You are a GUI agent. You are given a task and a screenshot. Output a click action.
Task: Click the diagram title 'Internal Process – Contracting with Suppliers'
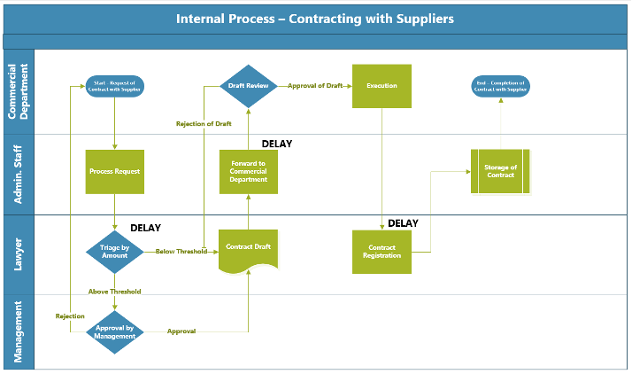click(x=315, y=18)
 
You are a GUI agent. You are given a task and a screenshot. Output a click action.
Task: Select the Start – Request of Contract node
click(x=115, y=86)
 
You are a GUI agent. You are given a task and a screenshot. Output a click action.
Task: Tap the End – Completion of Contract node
click(x=500, y=86)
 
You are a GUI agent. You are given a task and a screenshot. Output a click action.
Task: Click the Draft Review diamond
click(x=249, y=86)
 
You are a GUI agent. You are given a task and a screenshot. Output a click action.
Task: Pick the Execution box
click(x=382, y=86)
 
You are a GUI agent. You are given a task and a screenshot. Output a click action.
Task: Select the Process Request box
click(x=115, y=171)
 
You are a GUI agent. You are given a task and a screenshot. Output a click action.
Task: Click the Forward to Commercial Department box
click(x=249, y=171)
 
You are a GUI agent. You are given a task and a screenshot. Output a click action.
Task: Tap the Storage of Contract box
click(x=500, y=171)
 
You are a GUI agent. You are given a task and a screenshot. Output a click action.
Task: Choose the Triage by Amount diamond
click(x=115, y=253)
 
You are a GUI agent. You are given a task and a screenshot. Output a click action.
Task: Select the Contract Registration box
click(x=382, y=252)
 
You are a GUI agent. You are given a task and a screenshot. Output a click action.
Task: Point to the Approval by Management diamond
click(x=115, y=332)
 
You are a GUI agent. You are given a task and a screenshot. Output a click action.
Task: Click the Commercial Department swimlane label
click(x=19, y=90)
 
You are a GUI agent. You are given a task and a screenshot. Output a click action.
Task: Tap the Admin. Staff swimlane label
click(x=19, y=174)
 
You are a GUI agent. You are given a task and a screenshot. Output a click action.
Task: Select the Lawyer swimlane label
click(x=19, y=253)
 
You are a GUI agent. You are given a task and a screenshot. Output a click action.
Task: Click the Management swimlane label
click(x=19, y=331)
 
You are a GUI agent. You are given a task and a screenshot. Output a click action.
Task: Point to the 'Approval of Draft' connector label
click(x=314, y=86)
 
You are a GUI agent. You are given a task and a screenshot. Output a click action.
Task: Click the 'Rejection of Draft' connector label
click(x=204, y=124)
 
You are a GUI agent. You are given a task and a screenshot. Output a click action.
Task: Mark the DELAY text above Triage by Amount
click(x=145, y=228)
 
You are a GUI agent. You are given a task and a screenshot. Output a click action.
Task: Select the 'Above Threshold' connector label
click(x=114, y=291)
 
